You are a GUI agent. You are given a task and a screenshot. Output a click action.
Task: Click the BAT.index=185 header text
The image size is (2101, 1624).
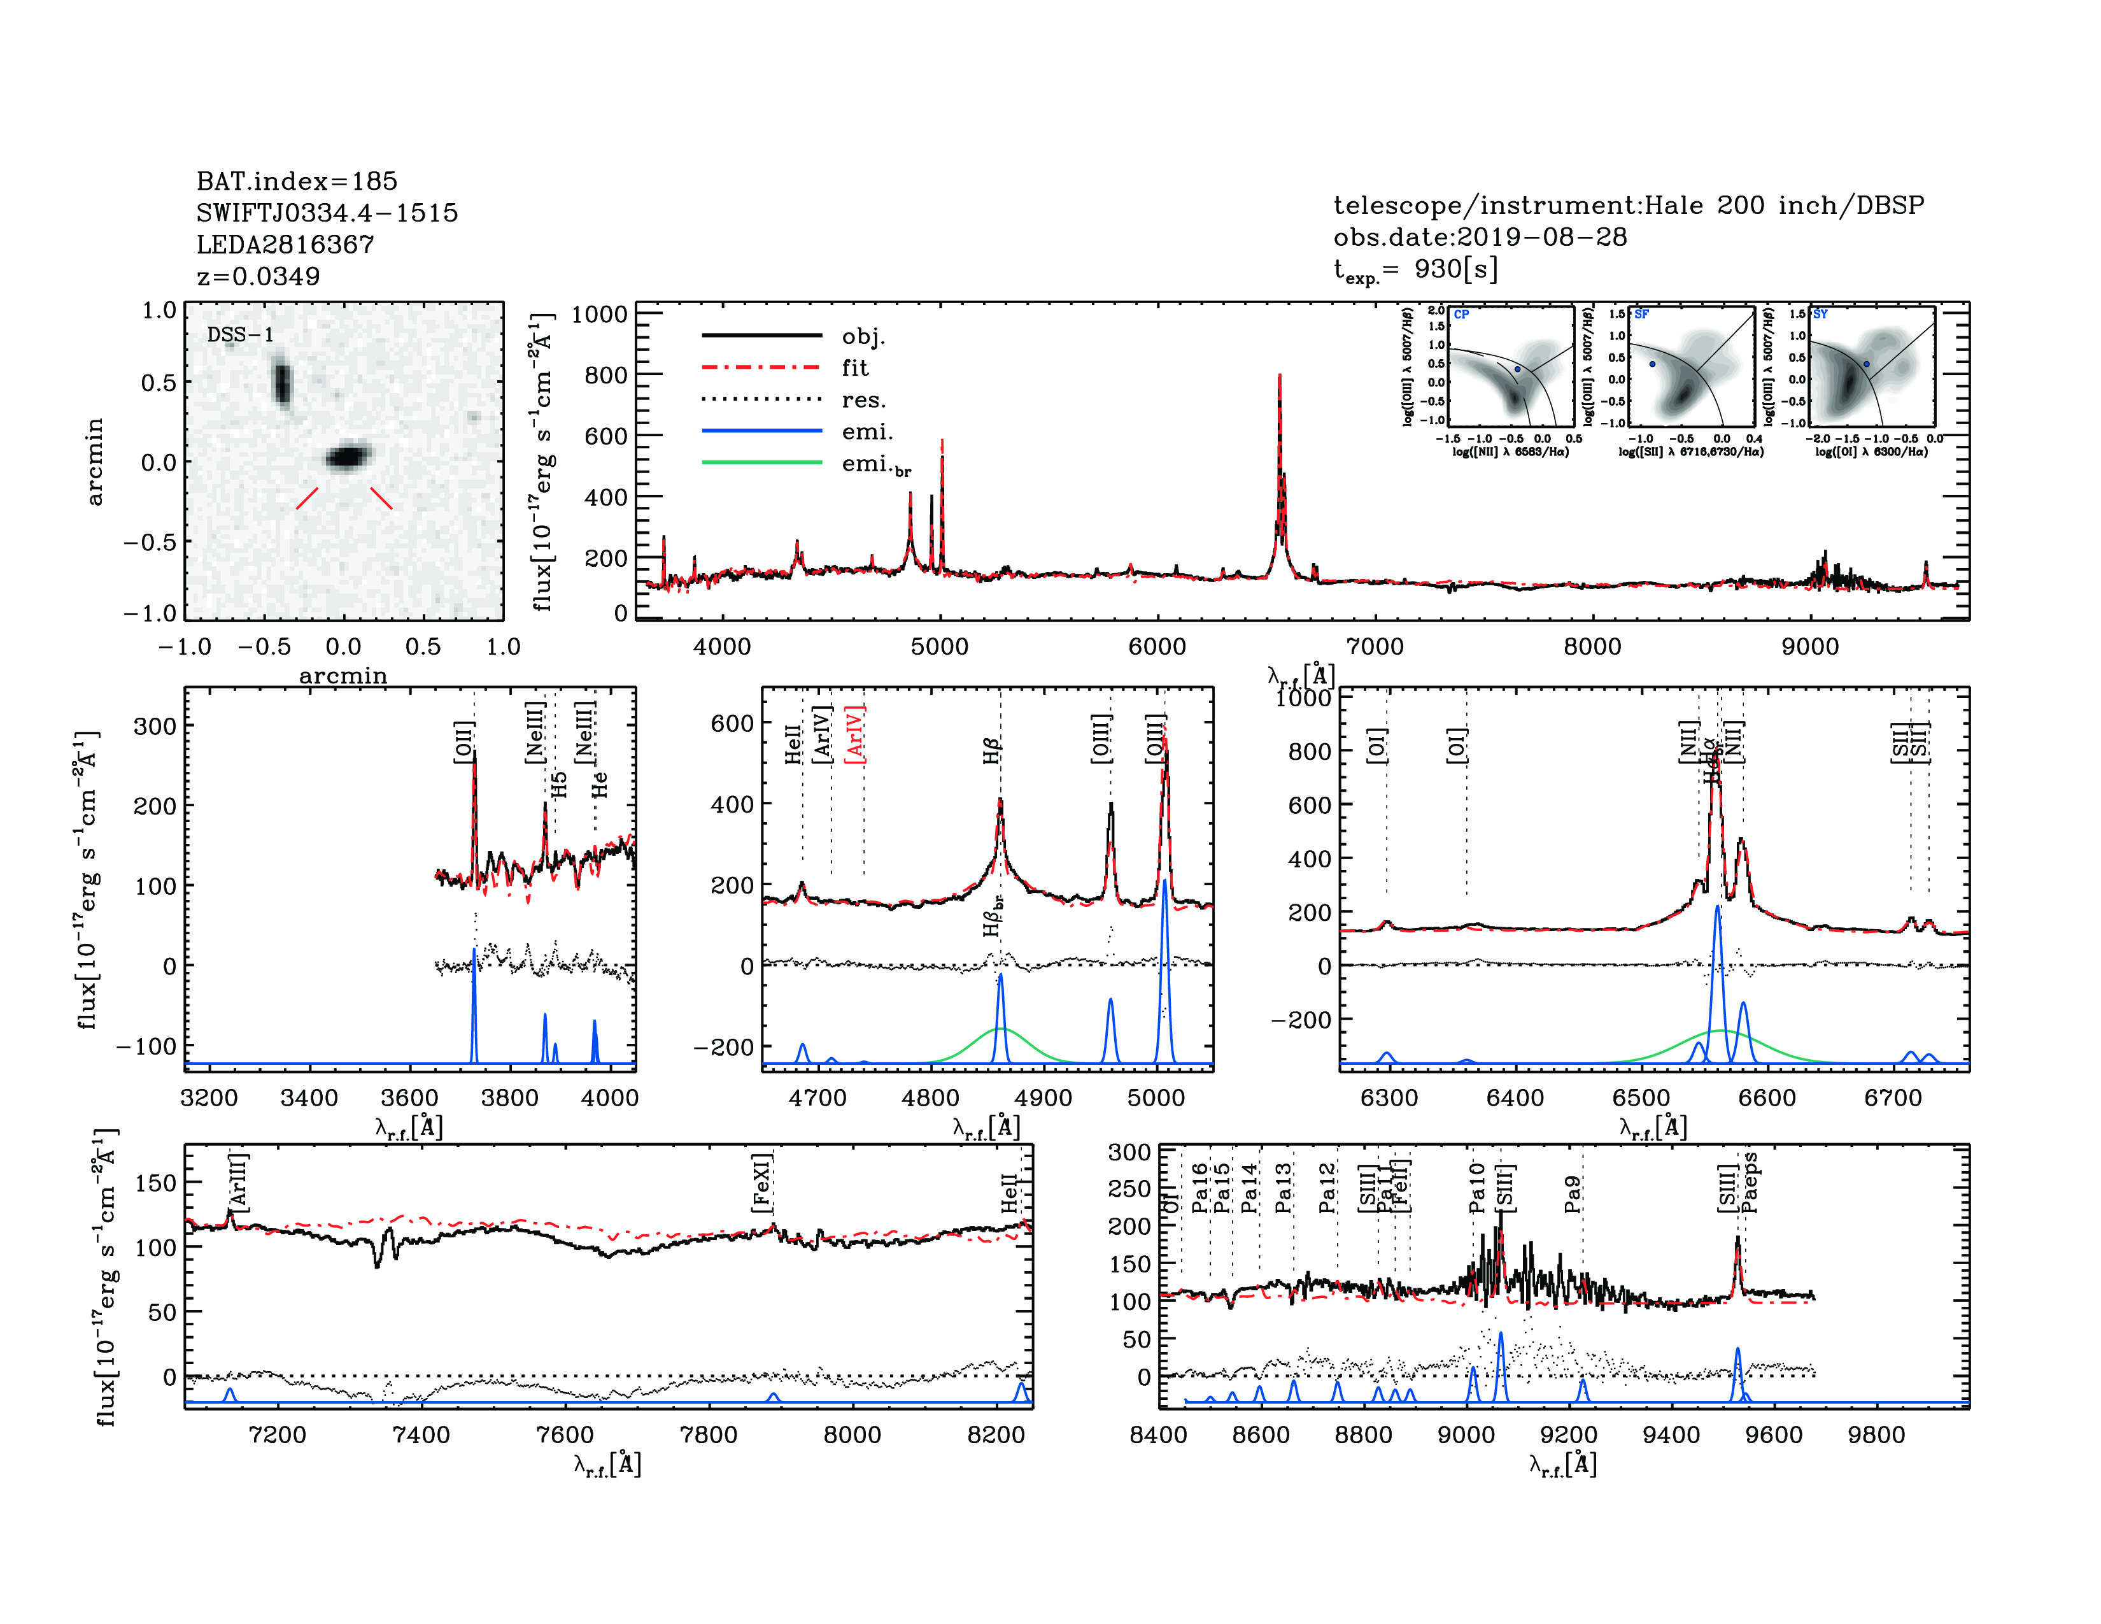(296, 181)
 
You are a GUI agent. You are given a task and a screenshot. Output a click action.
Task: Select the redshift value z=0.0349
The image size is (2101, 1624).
(258, 276)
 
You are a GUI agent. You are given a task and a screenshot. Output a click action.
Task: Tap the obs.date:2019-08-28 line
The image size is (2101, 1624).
(1480, 237)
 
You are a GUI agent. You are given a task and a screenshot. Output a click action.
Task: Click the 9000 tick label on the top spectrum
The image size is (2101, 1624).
(1809, 646)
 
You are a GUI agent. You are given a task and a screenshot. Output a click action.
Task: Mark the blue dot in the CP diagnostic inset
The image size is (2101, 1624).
(1518, 369)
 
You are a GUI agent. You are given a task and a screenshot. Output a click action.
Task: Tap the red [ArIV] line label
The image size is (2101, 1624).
(854, 734)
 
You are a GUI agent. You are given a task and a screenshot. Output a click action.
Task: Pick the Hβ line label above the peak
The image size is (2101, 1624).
(992, 750)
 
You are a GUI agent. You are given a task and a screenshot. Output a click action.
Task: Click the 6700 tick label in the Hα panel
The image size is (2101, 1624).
(1892, 1098)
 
